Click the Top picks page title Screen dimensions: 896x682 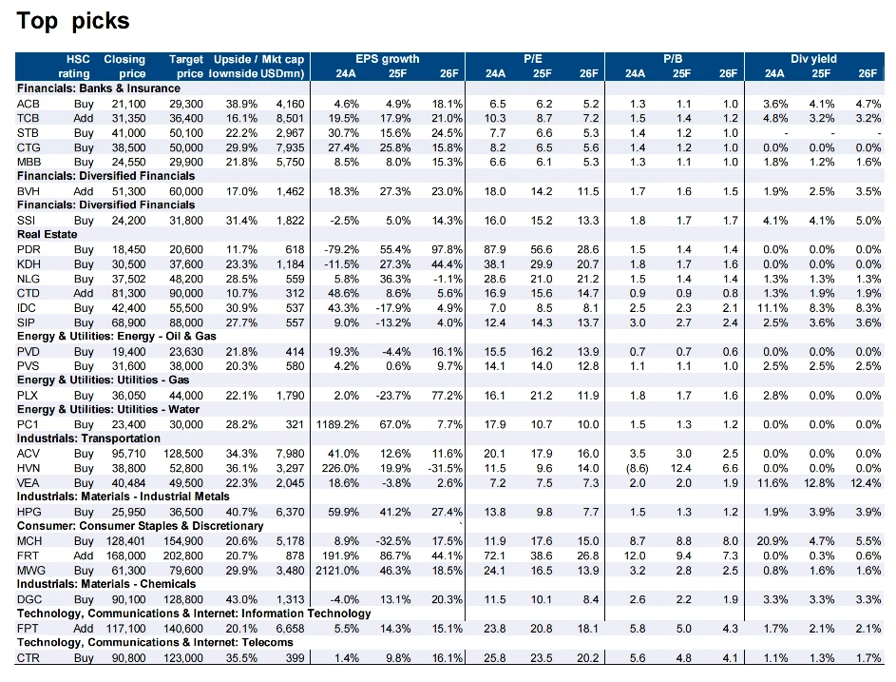tap(73, 21)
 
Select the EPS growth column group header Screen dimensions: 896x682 tap(388, 59)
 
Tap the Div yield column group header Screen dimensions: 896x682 tap(813, 59)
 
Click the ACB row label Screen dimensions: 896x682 tap(28, 104)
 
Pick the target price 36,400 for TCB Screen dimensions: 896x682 tap(185, 119)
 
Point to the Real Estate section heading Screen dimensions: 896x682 tap(47, 234)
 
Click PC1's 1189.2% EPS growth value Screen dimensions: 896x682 tap(337, 424)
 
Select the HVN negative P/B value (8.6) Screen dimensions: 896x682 tap(638, 468)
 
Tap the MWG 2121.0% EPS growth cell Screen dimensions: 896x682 tap(337, 571)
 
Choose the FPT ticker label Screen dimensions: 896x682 tap(28, 629)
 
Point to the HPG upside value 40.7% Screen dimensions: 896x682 tap(241, 512)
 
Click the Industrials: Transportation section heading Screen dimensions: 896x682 tap(88, 438)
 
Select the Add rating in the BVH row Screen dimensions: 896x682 tap(84, 192)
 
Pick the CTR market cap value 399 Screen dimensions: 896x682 tap(295, 658)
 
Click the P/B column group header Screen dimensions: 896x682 tap(673, 59)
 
